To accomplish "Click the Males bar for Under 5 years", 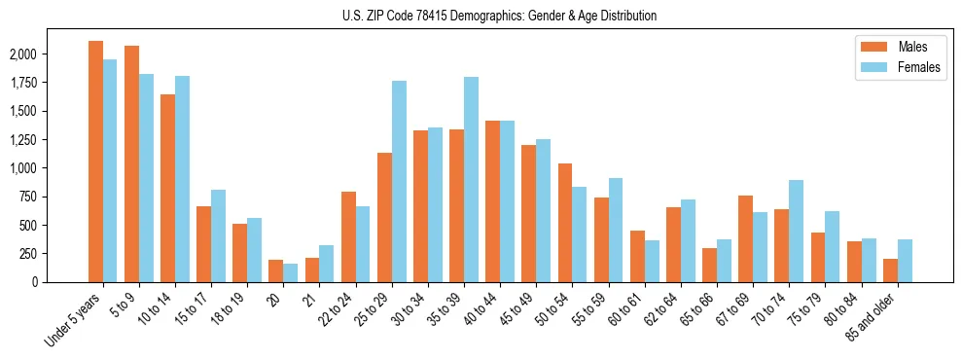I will click(95, 162).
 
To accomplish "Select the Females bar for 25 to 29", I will click(399, 181).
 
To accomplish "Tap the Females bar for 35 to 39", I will click(471, 179).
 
